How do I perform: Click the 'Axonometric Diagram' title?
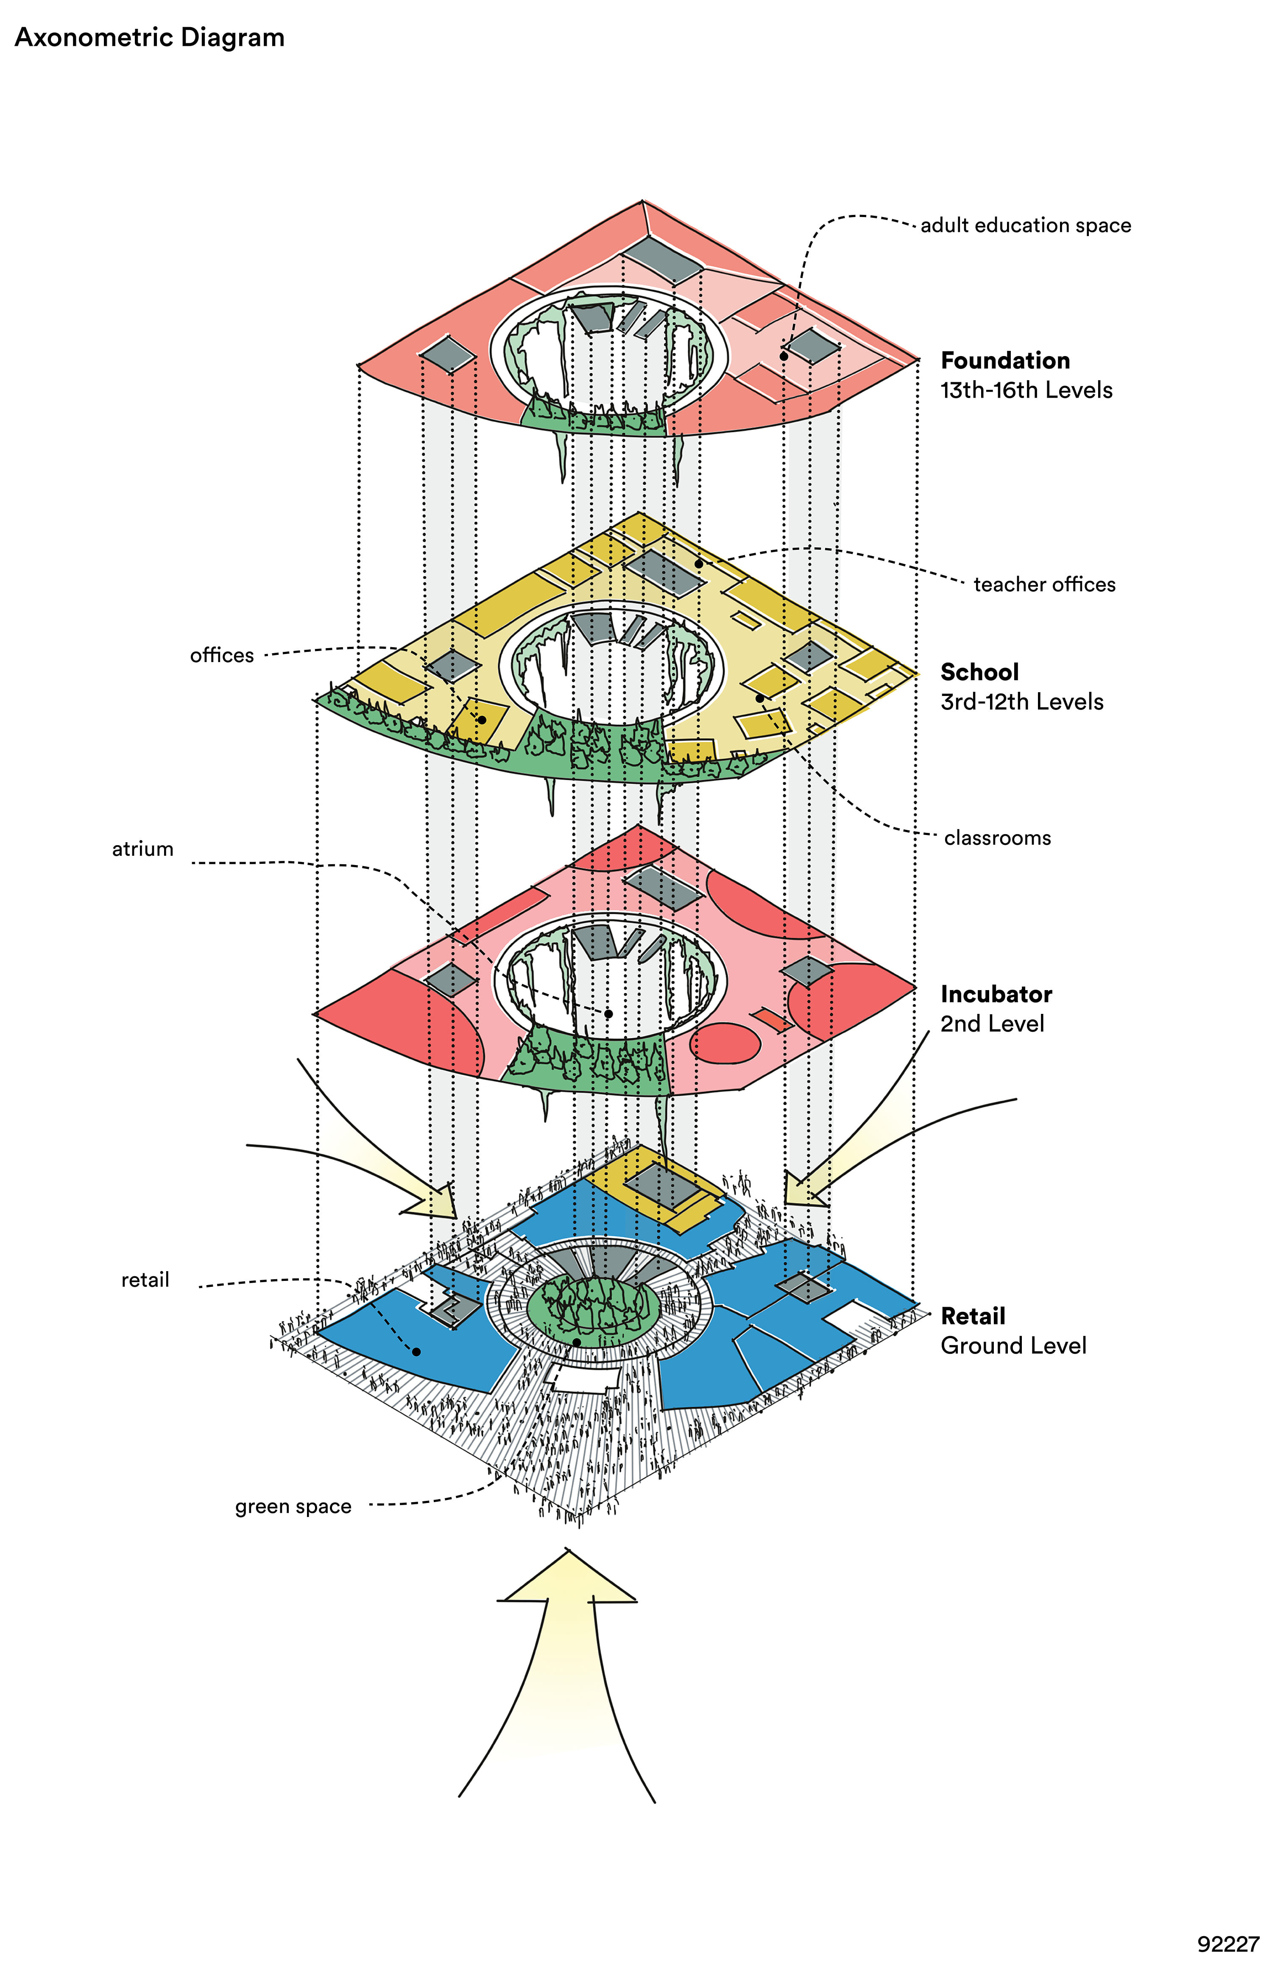[150, 38]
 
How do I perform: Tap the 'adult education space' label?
[1025, 225]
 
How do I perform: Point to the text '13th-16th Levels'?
[1026, 390]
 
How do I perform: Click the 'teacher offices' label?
[1044, 584]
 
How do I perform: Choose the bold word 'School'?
[979, 672]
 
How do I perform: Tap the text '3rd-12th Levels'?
[1022, 702]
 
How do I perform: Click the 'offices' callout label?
[221, 656]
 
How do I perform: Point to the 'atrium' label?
[143, 849]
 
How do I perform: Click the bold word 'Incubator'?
[996, 994]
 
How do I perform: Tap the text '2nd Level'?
[992, 1024]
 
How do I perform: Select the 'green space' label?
[293, 1507]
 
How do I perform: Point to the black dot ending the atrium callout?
[609, 1014]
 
